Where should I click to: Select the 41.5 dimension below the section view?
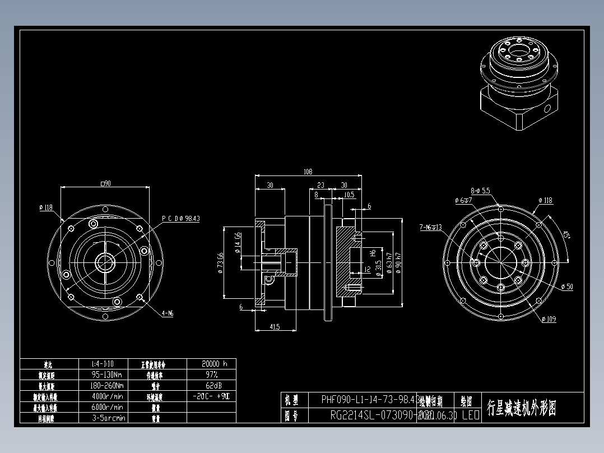coord(274,326)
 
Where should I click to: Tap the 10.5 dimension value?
coord(349,195)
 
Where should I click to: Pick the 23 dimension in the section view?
coord(320,185)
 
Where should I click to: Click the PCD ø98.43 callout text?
coord(180,219)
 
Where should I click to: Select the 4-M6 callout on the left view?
coord(167,314)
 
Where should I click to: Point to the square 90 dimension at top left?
coord(105,183)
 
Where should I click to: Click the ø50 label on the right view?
coord(566,286)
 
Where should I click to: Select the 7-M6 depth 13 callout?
coord(430,228)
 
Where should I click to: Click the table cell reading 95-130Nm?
coord(108,375)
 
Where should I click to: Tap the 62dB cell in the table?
coord(211,385)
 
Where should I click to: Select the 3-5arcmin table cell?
coord(108,418)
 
